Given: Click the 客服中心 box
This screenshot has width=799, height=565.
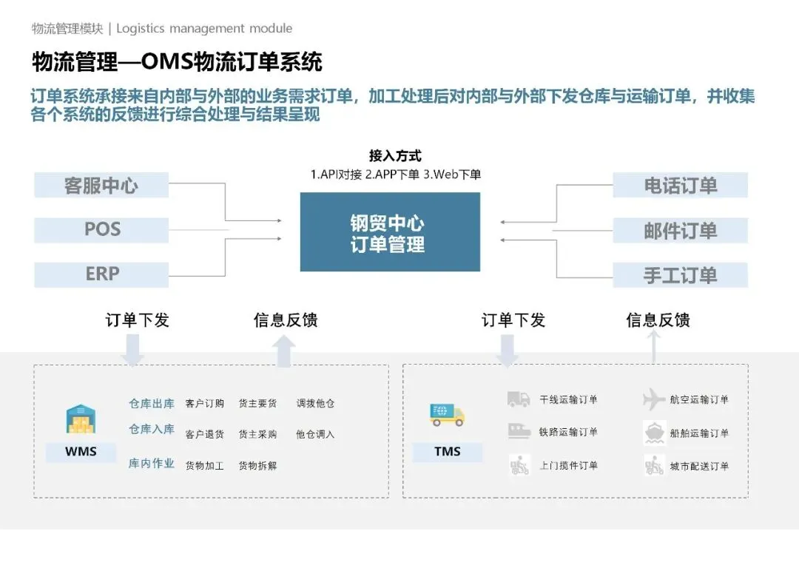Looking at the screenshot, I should tap(101, 185).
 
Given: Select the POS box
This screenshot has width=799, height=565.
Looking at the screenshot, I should tap(101, 229).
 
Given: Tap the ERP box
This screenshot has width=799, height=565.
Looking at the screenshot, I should tap(101, 274).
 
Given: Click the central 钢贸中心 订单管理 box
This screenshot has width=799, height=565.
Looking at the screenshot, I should tap(390, 232).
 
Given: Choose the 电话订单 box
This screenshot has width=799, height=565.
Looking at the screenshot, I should tap(680, 185).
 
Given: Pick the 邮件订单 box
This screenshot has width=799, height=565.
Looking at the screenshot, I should tap(680, 231).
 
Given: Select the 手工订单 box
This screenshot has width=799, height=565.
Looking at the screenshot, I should tap(680, 275).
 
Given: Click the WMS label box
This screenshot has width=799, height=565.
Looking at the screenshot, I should tap(81, 451).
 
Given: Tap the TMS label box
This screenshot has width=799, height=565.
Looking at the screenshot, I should tap(448, 451).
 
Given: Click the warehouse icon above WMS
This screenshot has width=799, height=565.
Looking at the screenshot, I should tap(81, 419).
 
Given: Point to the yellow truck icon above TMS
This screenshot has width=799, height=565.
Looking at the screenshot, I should tap(447, 415).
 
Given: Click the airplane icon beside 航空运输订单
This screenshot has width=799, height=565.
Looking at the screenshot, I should tap(654, 399).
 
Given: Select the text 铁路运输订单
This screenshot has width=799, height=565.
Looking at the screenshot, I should tap(568, 432).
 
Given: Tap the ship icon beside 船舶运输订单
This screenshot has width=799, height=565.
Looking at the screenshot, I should tap(654, 432).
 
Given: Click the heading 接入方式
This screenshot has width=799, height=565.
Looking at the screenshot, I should tap(395, 156).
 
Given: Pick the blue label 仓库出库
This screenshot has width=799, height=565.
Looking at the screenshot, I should tap(152, 404).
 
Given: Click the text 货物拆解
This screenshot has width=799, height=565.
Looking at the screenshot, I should tap(257, 466).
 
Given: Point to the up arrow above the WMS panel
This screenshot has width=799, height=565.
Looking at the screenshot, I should tap(284, 351).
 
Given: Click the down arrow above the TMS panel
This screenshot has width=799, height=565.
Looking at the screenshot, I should tap(508, 351).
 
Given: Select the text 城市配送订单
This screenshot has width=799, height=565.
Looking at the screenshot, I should tap(699, 466).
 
